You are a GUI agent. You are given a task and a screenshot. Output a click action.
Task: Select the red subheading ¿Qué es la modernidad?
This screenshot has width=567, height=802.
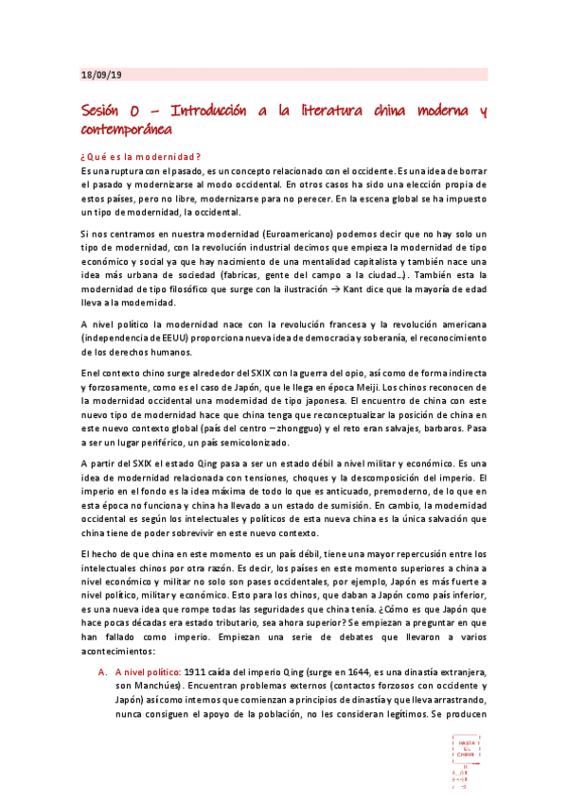point(141,155)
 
